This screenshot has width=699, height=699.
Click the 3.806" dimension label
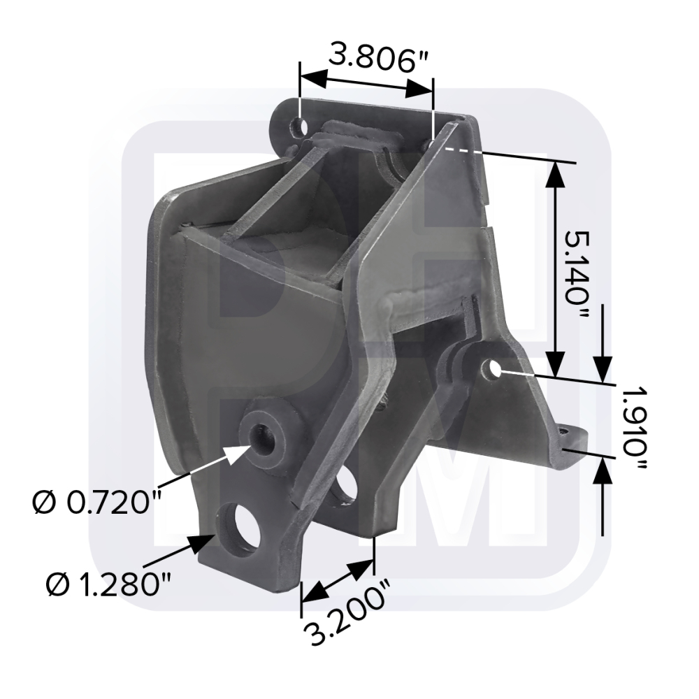click(368, 58)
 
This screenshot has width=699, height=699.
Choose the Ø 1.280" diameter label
click(107, 584)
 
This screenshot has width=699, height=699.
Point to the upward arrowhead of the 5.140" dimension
click(555, 175)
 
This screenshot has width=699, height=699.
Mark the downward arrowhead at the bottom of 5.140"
click(555, 363)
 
